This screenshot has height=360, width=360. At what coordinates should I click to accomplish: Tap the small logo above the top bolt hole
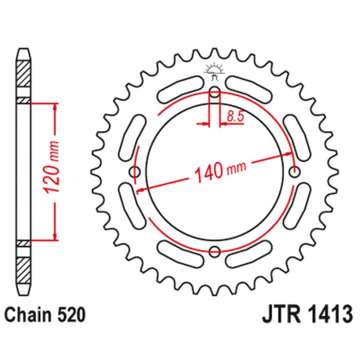[215, 70]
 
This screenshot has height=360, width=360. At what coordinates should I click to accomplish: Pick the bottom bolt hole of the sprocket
[215, 252]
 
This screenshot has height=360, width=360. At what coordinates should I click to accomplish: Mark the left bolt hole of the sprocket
[134, 171]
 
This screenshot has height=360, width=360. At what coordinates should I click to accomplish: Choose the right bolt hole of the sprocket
[295, 171]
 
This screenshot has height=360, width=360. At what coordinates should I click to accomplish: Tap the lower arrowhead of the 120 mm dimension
[55, 236]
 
